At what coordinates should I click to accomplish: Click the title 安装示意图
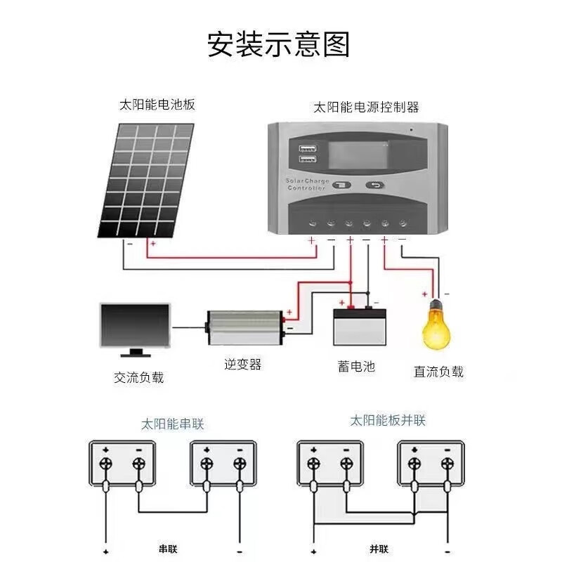point(278,44)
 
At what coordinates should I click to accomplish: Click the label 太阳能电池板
point(157,105)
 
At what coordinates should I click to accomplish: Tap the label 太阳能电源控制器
point(365,107)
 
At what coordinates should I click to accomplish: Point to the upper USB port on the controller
point(307,149)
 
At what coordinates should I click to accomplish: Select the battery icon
point(359,325)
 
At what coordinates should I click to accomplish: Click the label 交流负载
point(138,377)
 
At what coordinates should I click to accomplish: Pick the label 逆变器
point(242,365)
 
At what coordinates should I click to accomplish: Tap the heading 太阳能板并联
point(388,421)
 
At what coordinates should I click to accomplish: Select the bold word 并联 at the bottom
point(379,547)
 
